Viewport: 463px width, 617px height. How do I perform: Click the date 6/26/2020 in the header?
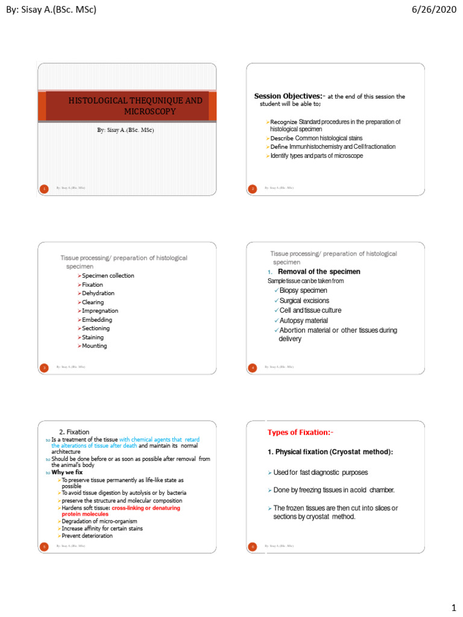tap(433, 9)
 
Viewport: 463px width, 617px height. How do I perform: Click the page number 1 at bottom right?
tap(453, 606)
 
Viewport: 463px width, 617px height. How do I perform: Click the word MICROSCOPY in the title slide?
tap(150, 111)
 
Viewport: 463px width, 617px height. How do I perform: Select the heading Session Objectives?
tap(288, 96)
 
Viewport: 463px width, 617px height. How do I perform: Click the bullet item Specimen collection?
tap(108, 276)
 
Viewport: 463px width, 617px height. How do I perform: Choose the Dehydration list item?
tap(98, 293)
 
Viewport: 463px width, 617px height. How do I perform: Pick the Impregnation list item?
tap(99, 311)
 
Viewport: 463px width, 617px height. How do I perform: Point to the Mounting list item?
tap(94, 346)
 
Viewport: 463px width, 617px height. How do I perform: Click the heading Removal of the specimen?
tap(319, 272)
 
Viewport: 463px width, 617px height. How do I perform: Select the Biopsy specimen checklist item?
tap(303, 290)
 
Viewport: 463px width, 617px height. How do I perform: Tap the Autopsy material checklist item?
tap(304, 321)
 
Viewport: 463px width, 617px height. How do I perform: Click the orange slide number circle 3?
tap(44, 367)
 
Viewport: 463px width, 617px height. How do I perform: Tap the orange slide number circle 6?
tap(253, 546)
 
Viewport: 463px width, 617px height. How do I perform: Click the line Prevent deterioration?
tap(87, 536)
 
